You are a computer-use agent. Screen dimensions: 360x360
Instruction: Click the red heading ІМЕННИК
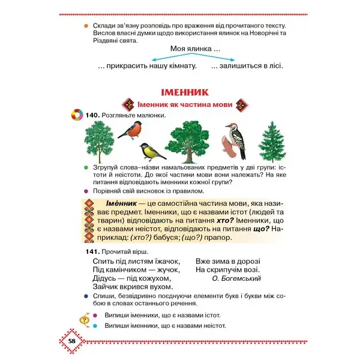tap(184, 92)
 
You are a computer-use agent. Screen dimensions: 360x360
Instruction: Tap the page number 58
tap(71, 341)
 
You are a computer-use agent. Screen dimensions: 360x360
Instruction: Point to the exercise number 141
tap(92, 251)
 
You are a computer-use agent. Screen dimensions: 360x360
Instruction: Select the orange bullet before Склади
tap(87, 26)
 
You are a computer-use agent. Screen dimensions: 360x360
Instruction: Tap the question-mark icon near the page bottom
tap(85, 320)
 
